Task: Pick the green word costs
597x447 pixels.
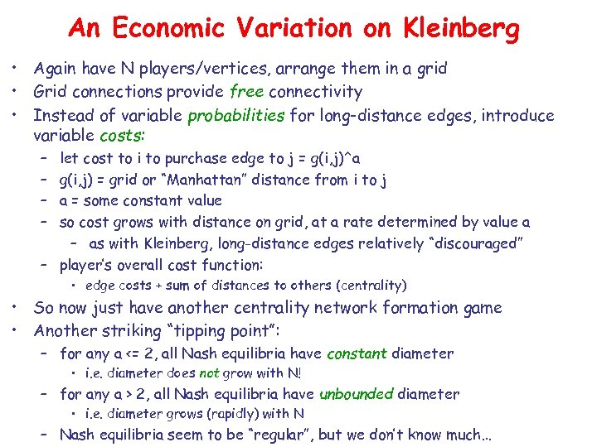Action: (122, 136)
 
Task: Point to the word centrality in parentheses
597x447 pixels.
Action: (371, 286)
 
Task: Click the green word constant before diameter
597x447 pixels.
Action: (357, 353)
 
